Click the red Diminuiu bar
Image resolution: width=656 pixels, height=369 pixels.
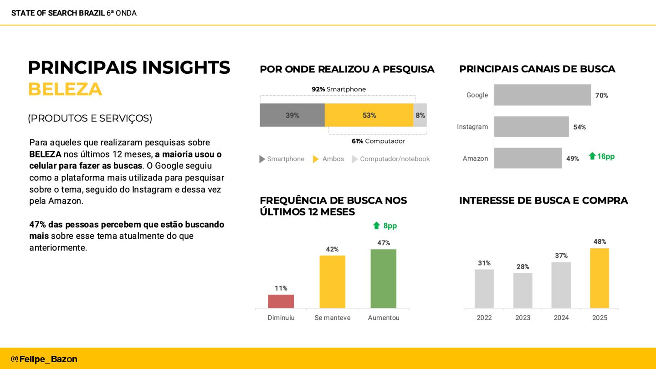click(x=281, y=301)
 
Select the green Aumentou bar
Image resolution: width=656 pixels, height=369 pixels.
click(x=383, y=278)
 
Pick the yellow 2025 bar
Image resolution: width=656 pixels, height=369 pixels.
click(x=599, y=278)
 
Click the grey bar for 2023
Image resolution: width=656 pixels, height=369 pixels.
click(x=523, y=290)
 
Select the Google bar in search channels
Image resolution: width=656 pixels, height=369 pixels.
click(x=542, y=95)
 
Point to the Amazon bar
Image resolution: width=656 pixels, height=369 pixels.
click(x=528, y=158)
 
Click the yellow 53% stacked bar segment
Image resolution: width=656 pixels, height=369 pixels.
click(x=369, y=115)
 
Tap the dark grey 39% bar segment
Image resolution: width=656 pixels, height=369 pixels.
click(x=292, y=115)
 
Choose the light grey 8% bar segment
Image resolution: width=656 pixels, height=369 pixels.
click(x=420, y=115)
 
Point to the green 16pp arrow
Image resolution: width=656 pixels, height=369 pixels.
click(x=592, y=156)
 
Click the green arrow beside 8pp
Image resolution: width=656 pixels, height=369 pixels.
click(x=376, y=225)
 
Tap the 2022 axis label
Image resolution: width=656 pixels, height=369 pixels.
click(x=484, y=318)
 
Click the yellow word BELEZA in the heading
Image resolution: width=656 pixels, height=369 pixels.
click(x=65, y=89)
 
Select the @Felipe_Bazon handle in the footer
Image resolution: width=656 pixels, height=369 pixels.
click(x=44, y=359)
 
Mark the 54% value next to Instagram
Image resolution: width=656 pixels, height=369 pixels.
click(x=579, y=127)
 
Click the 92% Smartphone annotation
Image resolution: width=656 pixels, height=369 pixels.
click(x=338, y=89)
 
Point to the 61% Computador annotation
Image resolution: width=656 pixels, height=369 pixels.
click(x=378, y=141)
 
